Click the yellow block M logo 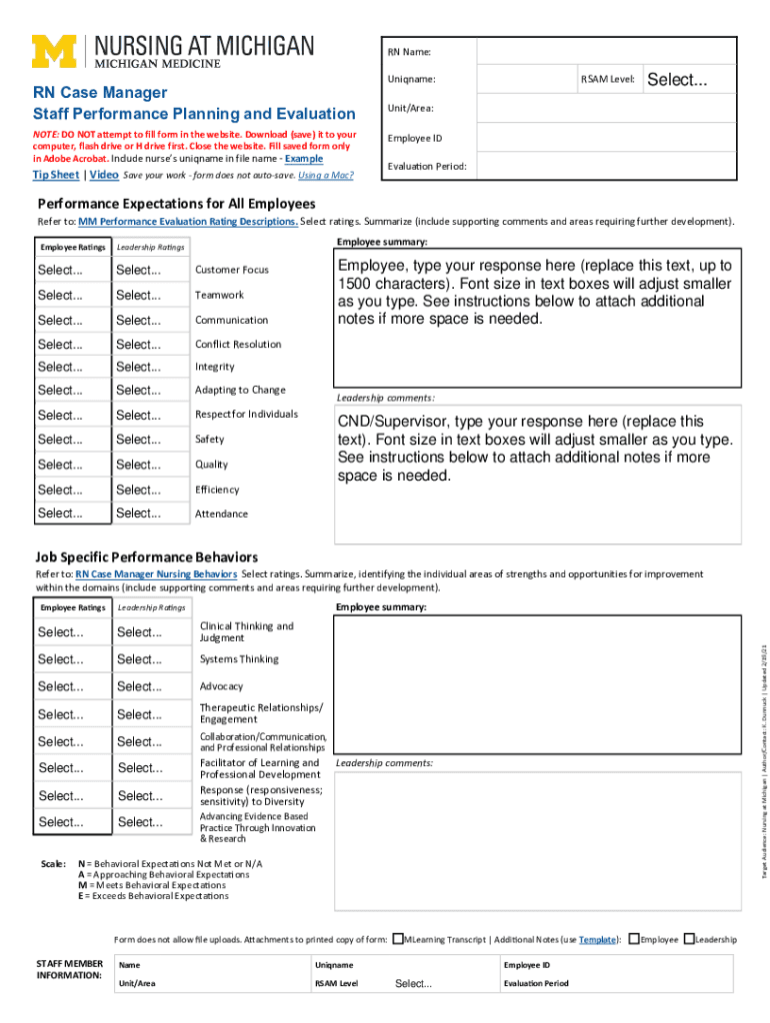point(56,51)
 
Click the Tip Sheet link point(55,175)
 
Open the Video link point(104,175)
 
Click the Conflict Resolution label point(238,344)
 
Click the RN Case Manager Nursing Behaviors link point(156,574)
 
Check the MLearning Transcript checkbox point(398,939)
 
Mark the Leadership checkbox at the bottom point(687,939)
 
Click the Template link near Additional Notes point(596,940)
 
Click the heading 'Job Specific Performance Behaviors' point(147,556)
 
